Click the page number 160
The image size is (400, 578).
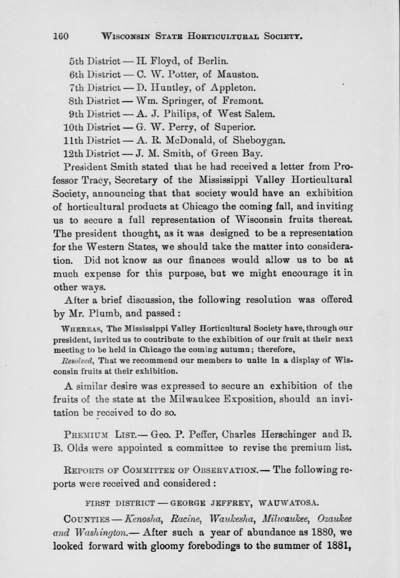[61, 36]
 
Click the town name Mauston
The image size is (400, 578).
[237, 75]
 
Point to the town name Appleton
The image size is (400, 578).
[233, 88]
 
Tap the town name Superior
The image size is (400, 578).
[235, 127]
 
